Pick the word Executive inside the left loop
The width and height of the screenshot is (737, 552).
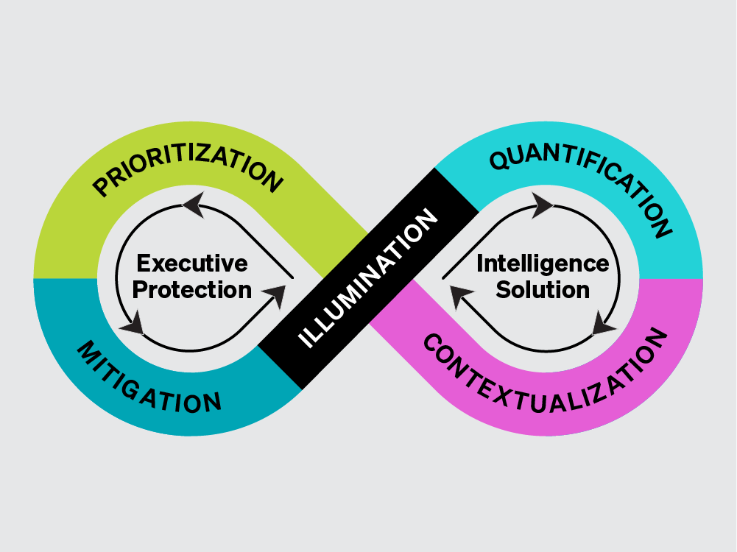point(192,263)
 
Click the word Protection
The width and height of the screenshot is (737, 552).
point(192,290)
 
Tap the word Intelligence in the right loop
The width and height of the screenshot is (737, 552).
point(543,263)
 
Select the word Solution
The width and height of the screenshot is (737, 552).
point(543,290)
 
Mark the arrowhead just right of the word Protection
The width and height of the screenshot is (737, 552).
point(273,296)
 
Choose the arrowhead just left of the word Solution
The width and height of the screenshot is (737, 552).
point(461,297)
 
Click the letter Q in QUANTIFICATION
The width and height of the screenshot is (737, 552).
point(501,158)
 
